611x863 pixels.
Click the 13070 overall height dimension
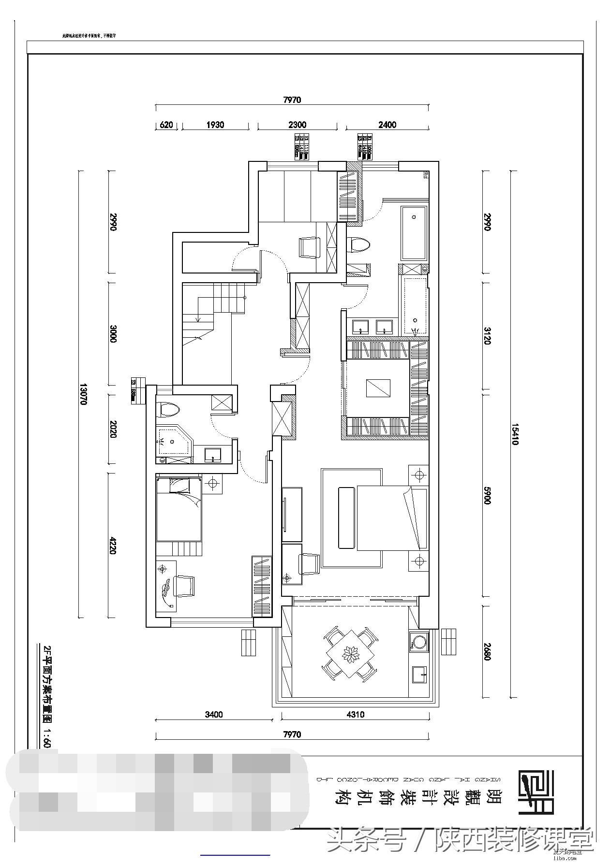pos(83,394)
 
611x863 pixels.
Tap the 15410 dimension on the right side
pos(515,434)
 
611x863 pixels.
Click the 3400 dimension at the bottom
pos(213,714)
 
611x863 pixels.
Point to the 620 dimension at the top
pos(166,125)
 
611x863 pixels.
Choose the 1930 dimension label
pos(215,125)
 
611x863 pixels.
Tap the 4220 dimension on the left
pos(113,545)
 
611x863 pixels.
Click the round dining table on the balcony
pos(350,654)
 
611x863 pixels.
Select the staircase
pos(213,309)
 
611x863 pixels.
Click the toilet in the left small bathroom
pos(169,410)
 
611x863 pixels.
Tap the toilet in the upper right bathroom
pos(358,245)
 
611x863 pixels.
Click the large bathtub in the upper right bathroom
pos(414,233)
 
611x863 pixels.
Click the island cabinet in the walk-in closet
pos(378,388)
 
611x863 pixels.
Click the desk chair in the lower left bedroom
pos(184,586)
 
